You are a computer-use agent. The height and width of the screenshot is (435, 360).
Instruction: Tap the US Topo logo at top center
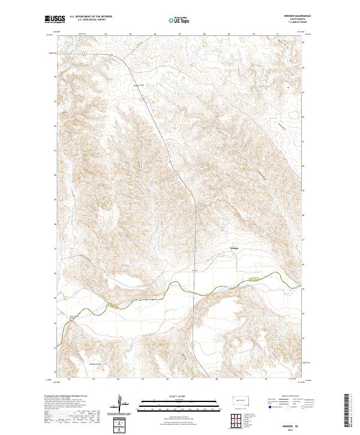click(177, 20)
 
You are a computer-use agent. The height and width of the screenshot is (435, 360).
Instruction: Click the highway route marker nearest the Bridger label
click(195, 247)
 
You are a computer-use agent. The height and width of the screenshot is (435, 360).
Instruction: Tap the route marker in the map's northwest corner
click(86, 53)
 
